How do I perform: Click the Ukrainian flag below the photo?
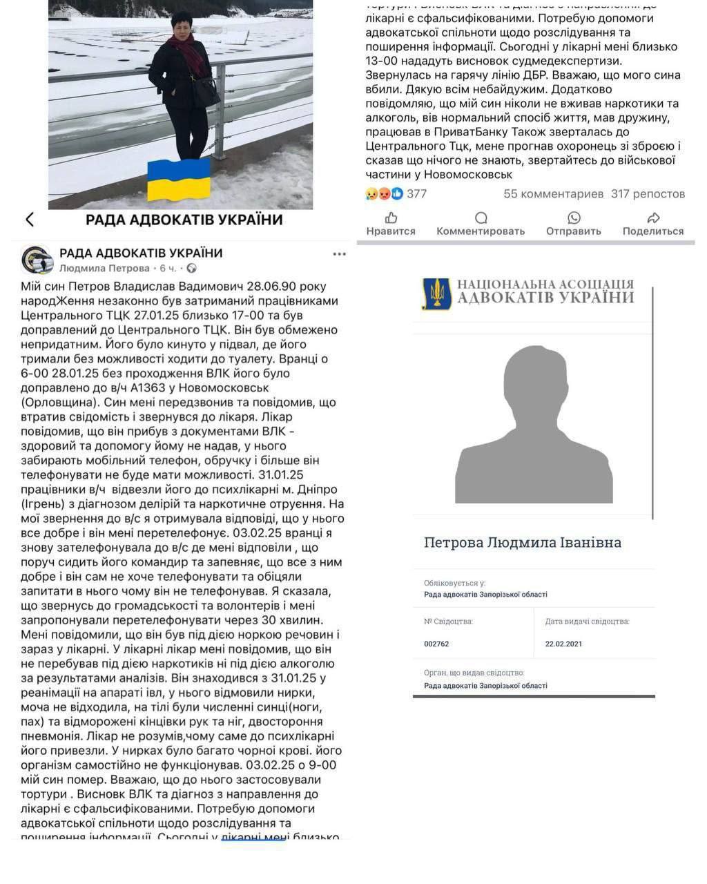[180, 180]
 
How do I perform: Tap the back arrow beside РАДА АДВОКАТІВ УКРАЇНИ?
[30, 220]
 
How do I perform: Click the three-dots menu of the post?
[339, 253]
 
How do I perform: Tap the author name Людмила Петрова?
[104, 268]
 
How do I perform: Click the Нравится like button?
[391, 224]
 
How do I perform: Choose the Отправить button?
[573, 224]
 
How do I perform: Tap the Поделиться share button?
[652, 224]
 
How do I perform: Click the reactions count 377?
[416, 194]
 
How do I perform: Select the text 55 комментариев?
[553, 194]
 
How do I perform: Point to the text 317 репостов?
[648, 194]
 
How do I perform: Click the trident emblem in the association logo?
[437, 294]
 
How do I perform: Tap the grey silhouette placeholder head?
[533, 387]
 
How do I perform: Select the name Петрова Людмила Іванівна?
[522, 543]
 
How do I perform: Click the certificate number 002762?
[436, 644]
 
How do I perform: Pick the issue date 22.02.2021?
[563, 644]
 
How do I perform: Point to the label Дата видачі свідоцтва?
[587, 622]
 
